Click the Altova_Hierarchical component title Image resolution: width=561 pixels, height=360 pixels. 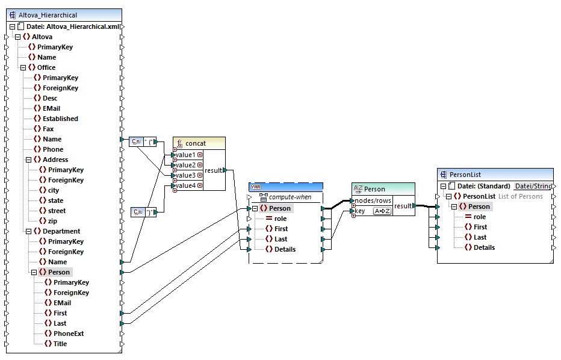pos(48,15)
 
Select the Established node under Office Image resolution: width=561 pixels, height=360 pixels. pos(60,119)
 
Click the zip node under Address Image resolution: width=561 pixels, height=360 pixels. pos(54,221)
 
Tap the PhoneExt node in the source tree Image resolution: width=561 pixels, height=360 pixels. pos(68,334)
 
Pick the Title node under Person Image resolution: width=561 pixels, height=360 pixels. pos(60,344)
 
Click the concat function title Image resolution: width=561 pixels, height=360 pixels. pos(195,143)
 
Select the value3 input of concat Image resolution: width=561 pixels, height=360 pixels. pos(185,175)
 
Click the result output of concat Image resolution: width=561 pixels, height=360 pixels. pos(214,170)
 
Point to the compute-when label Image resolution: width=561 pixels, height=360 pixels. pos(290,197)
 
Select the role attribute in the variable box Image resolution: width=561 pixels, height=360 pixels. pos(281,219)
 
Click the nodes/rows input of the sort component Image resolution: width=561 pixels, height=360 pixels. pos(373,200)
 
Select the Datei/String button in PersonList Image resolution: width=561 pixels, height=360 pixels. pos(532,186)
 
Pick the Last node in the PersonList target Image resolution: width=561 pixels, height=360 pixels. pos(480,237)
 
